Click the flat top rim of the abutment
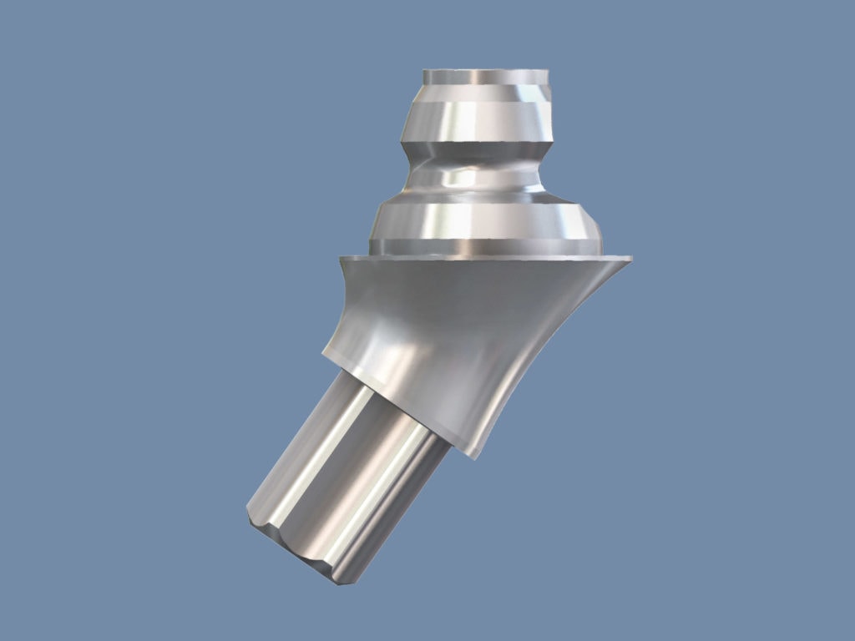484,76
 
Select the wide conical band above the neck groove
480,120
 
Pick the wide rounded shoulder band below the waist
484,220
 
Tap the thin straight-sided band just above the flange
484,247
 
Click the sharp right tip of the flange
630,259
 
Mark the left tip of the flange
341,258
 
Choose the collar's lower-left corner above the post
325,356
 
